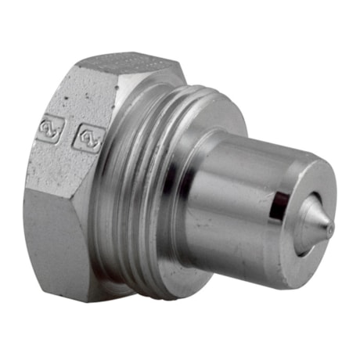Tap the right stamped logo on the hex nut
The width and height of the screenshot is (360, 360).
(x=84, y=139)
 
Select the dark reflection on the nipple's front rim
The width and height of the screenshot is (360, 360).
(x=276, y=205)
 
